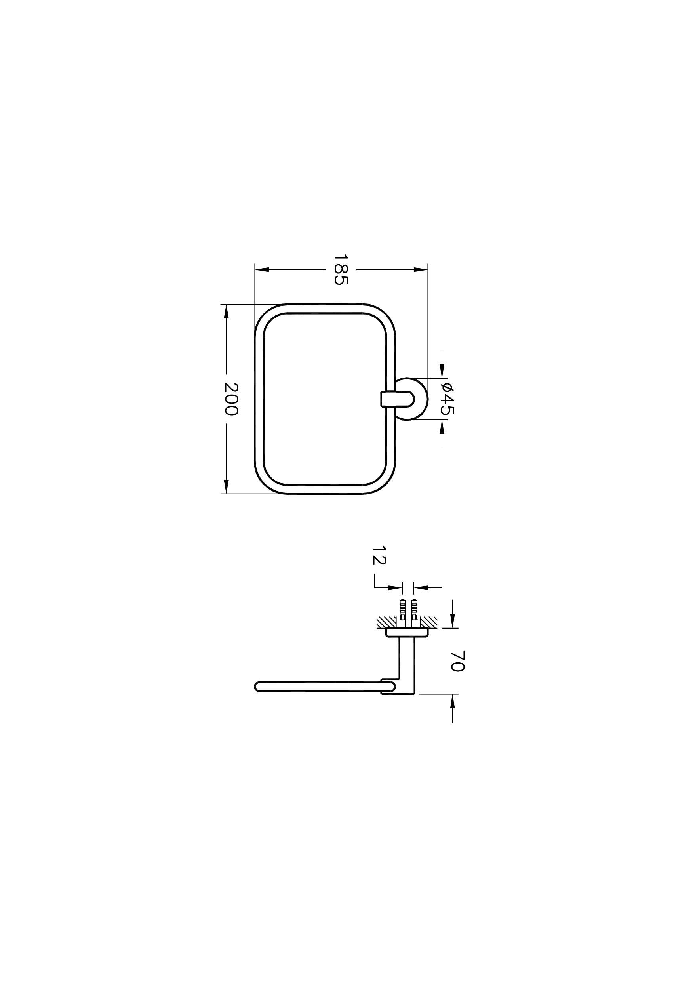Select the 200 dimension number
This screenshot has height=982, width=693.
coord(231,399)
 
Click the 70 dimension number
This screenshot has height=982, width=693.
coord(457,661)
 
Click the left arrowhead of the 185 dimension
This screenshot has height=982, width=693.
coord(262,270)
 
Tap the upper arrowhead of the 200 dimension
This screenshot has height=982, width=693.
coord(226,312)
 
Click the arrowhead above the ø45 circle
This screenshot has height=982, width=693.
coord(442,371)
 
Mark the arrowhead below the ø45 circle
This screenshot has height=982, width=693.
coord(442,427)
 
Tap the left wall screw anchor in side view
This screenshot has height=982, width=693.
coord(402,611)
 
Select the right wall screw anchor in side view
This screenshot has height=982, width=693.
coord(413,611)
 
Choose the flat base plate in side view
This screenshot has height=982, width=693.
coord(407,632)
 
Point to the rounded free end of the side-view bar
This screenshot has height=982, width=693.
coord(258,687)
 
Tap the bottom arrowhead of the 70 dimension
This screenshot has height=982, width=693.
coord(452,702)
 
